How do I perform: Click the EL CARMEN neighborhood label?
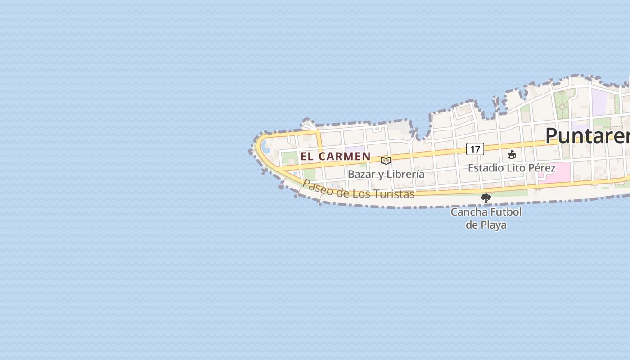335,157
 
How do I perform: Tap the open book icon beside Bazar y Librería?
386,161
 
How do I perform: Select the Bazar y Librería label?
386,174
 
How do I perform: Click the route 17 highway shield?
475,149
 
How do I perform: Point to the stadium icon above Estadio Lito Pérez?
512,155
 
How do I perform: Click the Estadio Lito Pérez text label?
512,168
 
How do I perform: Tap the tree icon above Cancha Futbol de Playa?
486,198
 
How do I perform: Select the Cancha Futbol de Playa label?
486,218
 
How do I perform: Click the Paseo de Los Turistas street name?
358,190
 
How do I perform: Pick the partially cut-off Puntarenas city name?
587,135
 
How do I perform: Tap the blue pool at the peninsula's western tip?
265,147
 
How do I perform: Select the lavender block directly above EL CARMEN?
355,149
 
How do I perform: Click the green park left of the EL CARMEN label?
290,158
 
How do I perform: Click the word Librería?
404,174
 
